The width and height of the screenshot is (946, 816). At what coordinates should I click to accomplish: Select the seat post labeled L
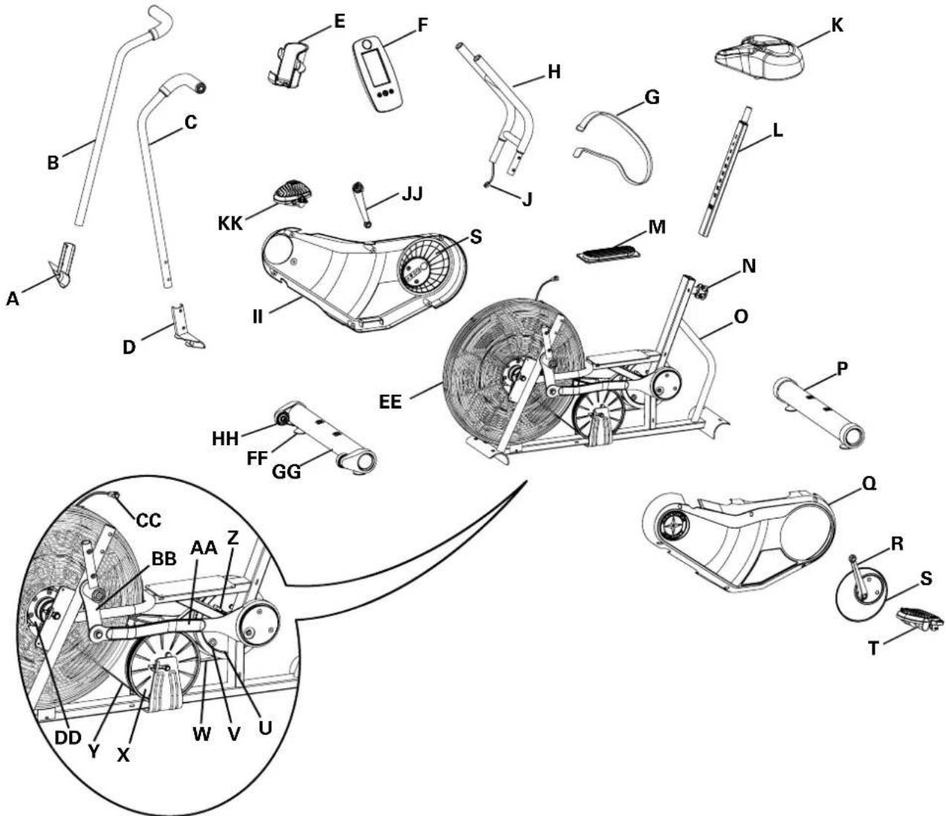click(727, 172)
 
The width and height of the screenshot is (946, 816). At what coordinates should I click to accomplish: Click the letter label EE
click(390, 402)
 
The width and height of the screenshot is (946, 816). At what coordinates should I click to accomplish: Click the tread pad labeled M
click(609, 249)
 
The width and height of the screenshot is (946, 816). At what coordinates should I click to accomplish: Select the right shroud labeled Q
click(743, 539)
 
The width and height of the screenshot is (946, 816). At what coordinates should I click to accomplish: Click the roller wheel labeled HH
click(283, 420)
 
